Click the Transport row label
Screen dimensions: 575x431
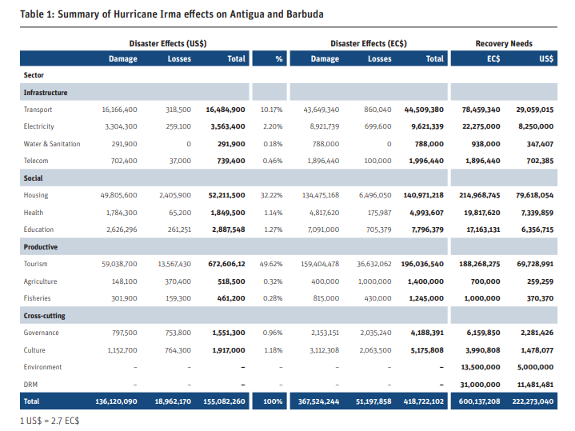38,110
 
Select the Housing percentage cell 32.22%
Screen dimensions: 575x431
271,195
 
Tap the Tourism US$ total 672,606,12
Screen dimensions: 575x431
226,264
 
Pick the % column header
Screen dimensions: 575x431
279,58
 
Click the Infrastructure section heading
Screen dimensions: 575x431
46,93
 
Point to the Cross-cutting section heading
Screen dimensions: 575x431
44,316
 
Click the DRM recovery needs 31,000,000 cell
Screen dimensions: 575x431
480,385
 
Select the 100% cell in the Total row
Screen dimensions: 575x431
273,401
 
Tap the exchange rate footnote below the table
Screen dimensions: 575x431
50,421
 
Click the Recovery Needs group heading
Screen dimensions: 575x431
504,44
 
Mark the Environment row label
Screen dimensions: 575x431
42,367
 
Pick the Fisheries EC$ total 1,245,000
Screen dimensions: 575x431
426,298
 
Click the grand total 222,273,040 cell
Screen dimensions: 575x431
533,401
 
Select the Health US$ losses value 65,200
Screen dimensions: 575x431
180,213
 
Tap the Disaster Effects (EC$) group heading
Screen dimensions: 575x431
369,44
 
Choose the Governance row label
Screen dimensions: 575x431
41,333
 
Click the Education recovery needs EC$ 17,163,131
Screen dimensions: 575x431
483,229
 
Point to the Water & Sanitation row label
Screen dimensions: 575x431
52,144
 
